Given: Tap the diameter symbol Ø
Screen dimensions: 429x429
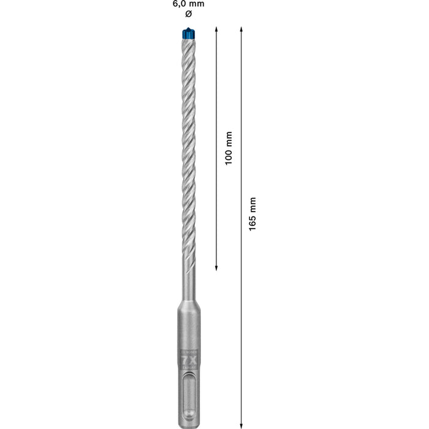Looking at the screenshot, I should (x=188, y=13).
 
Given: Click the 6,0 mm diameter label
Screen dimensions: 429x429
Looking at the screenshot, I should (x=188, y=4).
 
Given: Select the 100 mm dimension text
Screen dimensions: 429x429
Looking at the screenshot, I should (x=229, y=148).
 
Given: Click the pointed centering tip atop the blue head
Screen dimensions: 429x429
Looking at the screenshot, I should (x=188, y=29).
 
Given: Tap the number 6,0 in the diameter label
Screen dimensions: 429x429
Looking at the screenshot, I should (x=181, y=4).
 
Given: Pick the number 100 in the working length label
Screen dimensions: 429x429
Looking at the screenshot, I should (x=229, y=140).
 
